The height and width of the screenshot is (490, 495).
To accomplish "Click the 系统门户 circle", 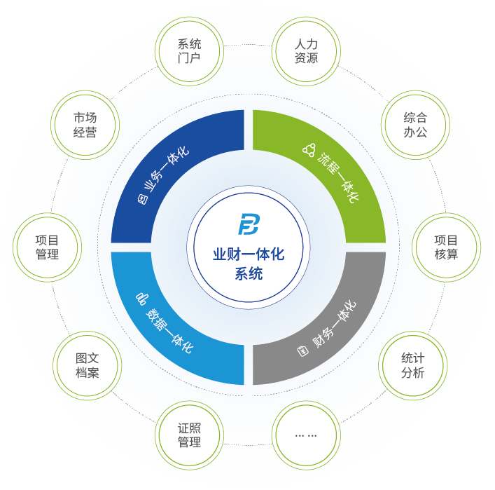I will click(x=189, y=50).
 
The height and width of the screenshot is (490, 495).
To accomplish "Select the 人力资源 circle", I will click(x=306, y=50).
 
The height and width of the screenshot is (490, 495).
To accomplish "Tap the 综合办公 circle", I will click(x=415, y=124).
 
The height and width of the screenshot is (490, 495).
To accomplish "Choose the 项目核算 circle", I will click(x=446, y=247).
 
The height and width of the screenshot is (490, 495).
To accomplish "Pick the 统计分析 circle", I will click(x=413, y=365).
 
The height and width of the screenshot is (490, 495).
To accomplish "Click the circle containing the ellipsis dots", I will click(x=306, y=435).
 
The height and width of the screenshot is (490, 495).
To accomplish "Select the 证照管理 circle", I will click(x=189, y=435).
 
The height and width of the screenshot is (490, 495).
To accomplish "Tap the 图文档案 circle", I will click(x=88, y=365).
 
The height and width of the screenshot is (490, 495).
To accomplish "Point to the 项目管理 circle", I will click(x=47, y=247).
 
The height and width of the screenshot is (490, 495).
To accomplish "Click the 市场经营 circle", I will click(x=85, y=124).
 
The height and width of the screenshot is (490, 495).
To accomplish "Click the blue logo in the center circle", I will click(x=248, y=224).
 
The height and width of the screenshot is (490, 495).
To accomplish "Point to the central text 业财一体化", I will click(x=249, y=254).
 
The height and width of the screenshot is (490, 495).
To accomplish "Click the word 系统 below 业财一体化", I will click(x=249, y=274).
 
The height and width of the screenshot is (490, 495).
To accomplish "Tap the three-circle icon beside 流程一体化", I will click(x=309, y=149).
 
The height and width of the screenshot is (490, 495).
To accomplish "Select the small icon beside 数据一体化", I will click(x=141, y=299).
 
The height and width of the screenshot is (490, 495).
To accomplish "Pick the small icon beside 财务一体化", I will click(x=303, y=350).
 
